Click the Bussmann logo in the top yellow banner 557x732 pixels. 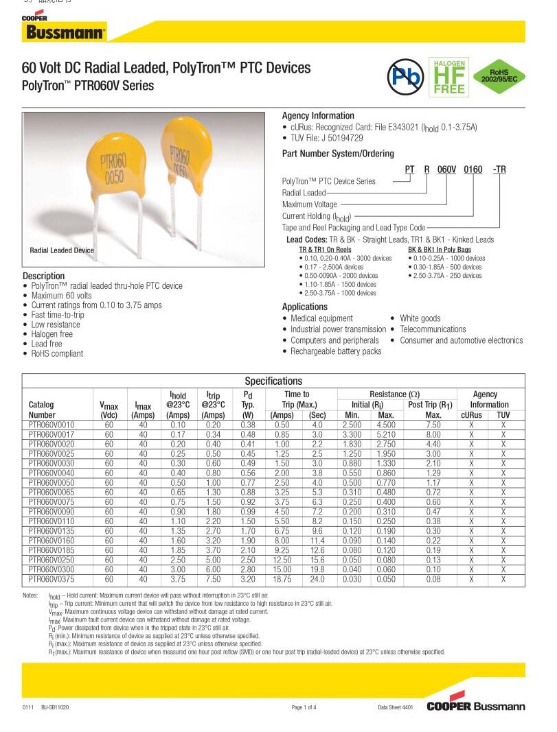[x=65, y=32]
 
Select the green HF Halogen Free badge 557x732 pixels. [x=449, y=77]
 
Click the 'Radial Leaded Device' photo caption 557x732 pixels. [x=62, y=251]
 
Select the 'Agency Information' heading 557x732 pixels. [x=318, y=116]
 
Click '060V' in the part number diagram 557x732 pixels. [x=447, y=169]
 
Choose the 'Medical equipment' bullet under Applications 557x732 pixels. [x=321, y=318]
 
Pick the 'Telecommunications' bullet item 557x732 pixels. [x=433, y=329]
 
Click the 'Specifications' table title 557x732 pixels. [x=273, y=381]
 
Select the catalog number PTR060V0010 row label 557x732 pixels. [x=52, y=425]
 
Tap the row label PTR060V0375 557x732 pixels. [x=52, y=580]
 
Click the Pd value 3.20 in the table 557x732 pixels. [x=248, y=580]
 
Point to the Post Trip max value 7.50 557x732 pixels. [x=433, y=425]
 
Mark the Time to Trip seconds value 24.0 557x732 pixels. [x=317, y=580]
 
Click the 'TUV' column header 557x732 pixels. [x=503, y=415]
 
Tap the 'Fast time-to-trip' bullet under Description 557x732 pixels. [x=58, y=315]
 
